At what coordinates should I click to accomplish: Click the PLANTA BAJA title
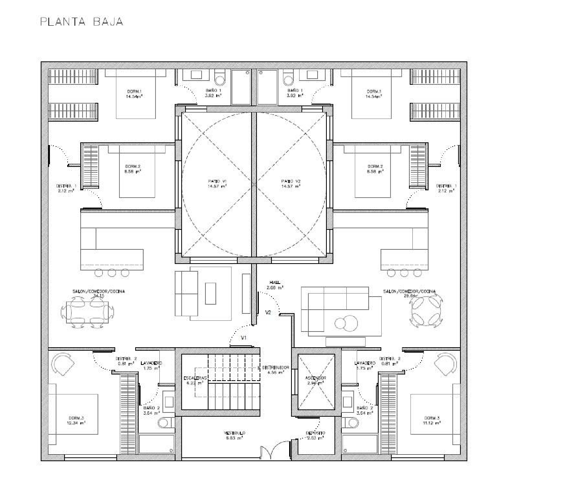click(81, 22)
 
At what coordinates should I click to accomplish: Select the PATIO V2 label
click(290, 183)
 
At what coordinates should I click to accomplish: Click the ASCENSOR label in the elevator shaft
click(316, 380)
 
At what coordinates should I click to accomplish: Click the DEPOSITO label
click(315, 435)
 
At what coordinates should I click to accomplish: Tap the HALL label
click(275, 284)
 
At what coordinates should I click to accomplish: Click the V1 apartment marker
click(243, 338)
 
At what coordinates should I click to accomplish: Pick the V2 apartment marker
click(268, 313)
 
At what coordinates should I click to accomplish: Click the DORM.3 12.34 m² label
click(77, 420)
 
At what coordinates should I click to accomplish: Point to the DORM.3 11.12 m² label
click(432, 420)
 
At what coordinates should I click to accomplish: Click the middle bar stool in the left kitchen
click(112, 273)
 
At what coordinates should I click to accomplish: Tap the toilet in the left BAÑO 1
click(220, 79)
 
